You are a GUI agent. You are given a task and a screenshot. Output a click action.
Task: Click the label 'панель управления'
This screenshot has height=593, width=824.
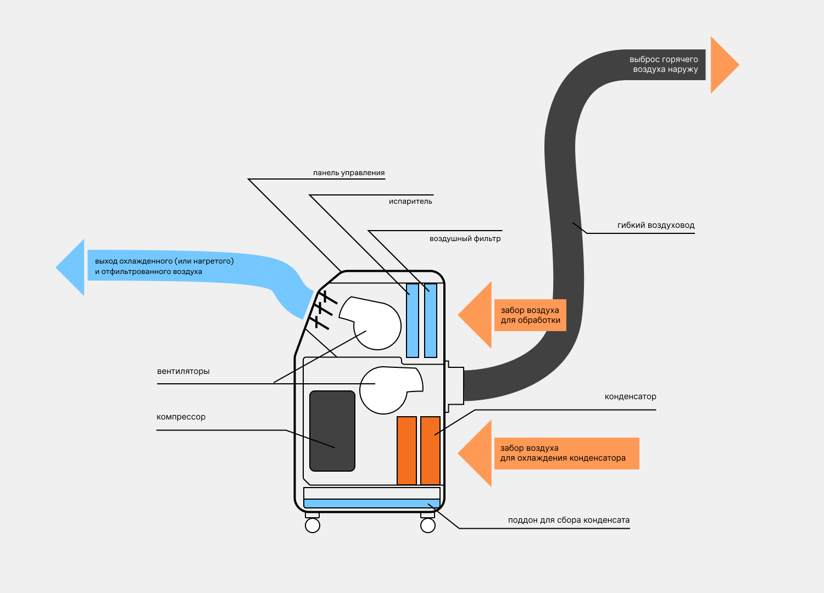(349, 173)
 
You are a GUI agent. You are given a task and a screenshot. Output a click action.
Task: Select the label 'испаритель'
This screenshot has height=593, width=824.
(410, 202)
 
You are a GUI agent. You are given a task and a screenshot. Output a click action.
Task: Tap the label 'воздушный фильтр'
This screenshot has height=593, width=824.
(465, 239)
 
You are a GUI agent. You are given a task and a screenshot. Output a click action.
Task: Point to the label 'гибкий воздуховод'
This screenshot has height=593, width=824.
(655, 225)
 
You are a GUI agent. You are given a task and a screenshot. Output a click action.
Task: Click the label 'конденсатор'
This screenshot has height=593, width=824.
(630, 396)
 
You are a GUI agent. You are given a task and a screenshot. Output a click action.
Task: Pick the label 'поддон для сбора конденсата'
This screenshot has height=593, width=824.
(569, 520)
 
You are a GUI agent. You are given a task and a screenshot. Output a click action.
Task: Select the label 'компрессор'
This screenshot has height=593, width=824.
(181, 417)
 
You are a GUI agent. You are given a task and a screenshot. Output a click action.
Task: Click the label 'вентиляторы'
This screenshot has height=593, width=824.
(183, 371)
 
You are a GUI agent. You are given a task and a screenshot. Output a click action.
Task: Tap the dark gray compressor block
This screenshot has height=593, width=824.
(332, 431)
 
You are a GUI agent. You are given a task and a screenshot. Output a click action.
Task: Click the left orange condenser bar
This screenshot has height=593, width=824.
(407, 450)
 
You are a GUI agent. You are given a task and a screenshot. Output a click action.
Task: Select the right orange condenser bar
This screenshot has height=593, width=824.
(431, 450)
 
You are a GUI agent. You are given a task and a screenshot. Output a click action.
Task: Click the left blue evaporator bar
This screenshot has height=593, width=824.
(412, 320)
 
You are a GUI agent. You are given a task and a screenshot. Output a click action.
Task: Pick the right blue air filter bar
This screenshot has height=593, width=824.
(431, 320)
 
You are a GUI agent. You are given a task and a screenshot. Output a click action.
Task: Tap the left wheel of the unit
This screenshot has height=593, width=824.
(313, 525)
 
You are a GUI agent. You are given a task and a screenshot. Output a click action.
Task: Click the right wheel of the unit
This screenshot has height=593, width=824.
(428, 525)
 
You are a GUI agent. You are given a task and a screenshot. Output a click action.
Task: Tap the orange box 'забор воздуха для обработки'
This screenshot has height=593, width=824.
(530, 315)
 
